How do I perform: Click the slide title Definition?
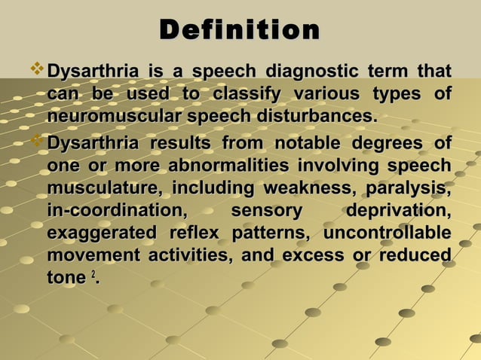tap(240, 31)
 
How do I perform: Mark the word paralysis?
tap(411, 188)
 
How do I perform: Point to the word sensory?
tap(266, 211)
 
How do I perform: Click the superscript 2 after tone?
tap(93, 276)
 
